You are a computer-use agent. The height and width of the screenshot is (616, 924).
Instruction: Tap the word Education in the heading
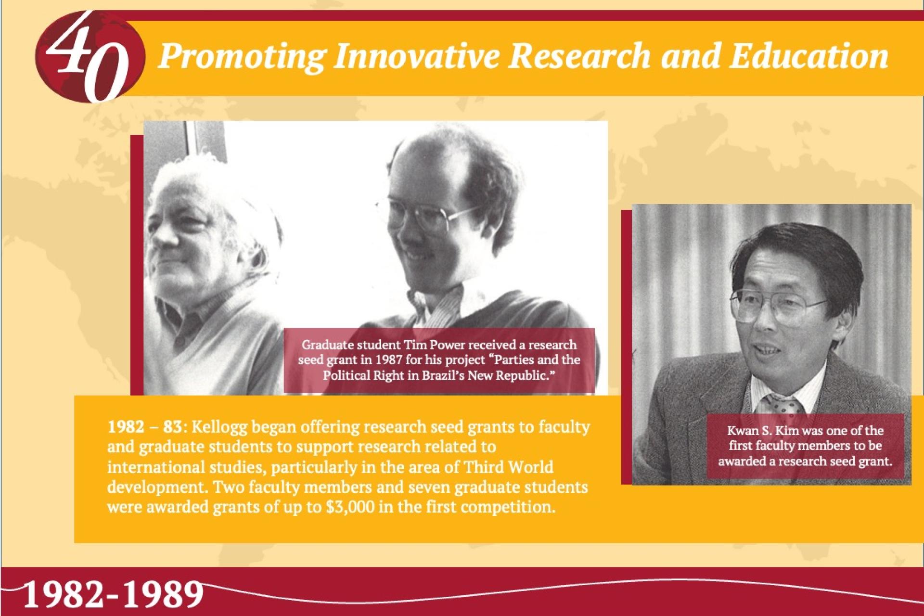pos(808,56)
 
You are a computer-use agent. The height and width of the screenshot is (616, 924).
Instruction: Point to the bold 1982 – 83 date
pos(144,427)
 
